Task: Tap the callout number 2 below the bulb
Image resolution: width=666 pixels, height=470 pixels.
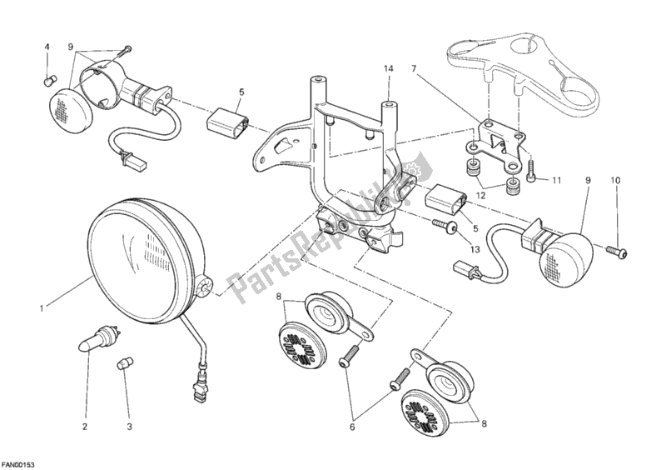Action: point(84,428)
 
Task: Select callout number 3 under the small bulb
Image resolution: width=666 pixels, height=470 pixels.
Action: point(129,428)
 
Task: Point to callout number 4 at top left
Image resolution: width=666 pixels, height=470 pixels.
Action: point(47,46)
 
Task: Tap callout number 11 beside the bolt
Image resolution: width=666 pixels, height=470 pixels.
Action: point(555,179)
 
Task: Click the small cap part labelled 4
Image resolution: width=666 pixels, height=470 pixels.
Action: point(47,80)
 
